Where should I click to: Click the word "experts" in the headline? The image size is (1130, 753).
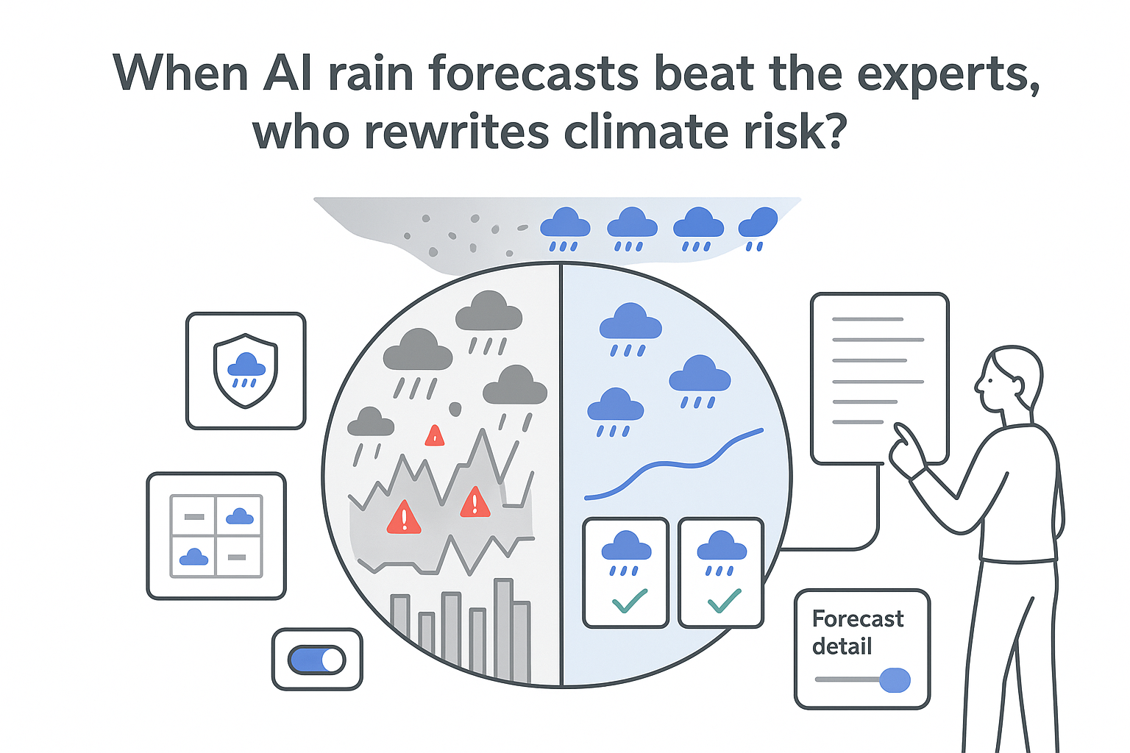(x=948, y=74)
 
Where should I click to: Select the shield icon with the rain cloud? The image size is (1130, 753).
(x=246, y=371)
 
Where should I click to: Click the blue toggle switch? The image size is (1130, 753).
(x=317, y=660)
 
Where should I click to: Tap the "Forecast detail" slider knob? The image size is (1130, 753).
(x=895, y=680)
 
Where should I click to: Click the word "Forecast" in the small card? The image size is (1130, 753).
(x=858, y=619)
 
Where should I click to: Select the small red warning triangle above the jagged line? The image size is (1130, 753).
(x=435, y=436)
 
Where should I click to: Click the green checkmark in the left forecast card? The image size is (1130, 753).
(x=629, y=601)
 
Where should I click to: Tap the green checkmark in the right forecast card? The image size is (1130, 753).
(x=724, y=601)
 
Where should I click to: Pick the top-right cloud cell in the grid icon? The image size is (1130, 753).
(x=239, y=516)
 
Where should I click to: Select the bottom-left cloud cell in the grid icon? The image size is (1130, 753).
(x=193, y=557)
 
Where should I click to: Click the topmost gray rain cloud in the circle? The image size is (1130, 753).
(x=488, y=311)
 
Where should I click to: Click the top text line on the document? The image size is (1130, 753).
(x=867, y=319)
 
